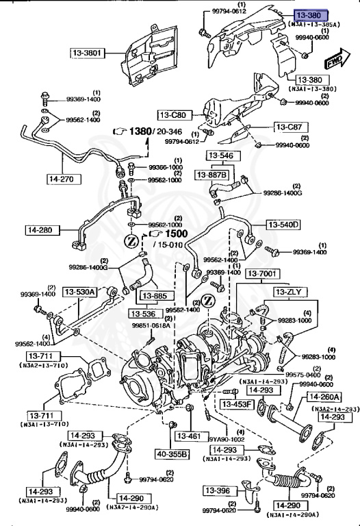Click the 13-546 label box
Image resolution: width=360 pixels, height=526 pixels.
221,155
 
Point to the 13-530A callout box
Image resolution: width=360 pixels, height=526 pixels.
80,292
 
